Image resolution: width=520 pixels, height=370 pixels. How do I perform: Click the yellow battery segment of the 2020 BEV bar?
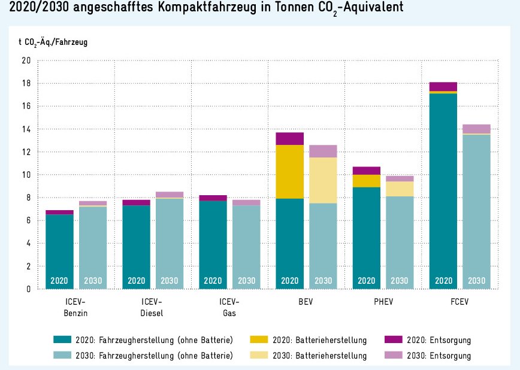click(x=289, y=172)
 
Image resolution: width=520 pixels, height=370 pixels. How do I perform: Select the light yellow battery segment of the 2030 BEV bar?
click(x=323, y=180)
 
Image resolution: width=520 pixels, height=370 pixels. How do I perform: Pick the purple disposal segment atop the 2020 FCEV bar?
click(x=443, y=86)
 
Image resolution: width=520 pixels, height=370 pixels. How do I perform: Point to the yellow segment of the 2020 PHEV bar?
click(x=366, y=181)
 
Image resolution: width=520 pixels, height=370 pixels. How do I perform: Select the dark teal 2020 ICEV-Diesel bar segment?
click(x=136, y=239)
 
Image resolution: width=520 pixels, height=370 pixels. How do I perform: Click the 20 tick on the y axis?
click(x=26, y=60)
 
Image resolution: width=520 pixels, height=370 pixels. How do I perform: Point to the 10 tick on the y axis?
click(x=26, y=175)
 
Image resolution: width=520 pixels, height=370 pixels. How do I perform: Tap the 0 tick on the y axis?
click(x=28, y=289)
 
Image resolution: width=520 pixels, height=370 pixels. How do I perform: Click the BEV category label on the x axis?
click(x=306, y=301)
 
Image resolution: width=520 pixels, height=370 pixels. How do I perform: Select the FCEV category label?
click(x=459, y=301)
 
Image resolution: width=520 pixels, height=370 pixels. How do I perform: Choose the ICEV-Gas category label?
click(x=229, y=307)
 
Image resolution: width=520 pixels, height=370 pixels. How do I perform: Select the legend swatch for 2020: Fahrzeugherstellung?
click(x=62, y=340)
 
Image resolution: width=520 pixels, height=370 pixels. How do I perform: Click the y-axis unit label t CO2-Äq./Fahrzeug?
click(x=57, y=42)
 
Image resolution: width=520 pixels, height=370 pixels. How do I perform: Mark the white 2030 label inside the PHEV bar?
click(x=400, y=280)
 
